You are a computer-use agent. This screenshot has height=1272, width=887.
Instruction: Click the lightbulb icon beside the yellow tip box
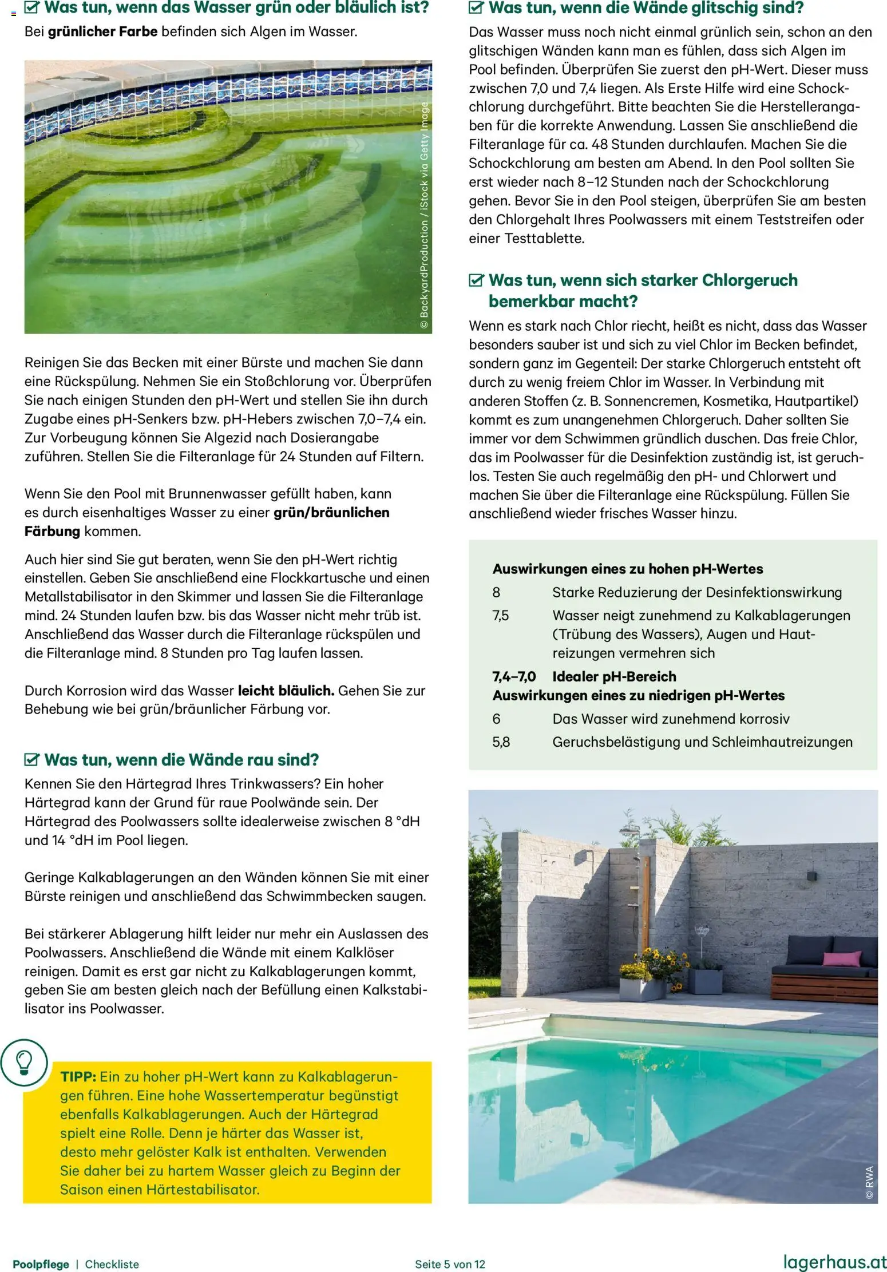(x=23, y=1063)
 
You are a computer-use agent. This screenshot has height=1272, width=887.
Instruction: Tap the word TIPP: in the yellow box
(x=78, y=1076)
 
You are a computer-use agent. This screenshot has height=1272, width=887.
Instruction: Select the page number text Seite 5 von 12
(x=450, y=1264)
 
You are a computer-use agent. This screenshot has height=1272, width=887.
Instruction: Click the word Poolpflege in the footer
(x=41, y=1264)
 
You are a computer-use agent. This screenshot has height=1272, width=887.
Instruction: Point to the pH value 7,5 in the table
(x=500, y=616)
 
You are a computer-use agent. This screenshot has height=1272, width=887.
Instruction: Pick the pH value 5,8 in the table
(x=501, y=742)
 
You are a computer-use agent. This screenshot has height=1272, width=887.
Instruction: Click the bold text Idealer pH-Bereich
(x=613, y=676)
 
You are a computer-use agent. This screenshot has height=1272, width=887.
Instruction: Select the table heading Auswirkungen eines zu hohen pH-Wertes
(x=627, y=569)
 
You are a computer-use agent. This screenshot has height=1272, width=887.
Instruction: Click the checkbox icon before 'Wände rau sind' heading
(x=31, y=760)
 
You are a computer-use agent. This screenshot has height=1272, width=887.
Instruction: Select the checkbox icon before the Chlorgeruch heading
(x=476, y=280)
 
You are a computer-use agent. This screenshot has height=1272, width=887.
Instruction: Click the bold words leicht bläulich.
(x=286, y=691)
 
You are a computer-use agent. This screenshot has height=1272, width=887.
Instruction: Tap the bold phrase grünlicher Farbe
(x=102, y=31)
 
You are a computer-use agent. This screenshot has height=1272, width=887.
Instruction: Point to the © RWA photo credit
(x=869, y=1182)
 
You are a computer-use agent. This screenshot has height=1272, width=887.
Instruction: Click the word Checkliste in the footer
(x=112, y=1264)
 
